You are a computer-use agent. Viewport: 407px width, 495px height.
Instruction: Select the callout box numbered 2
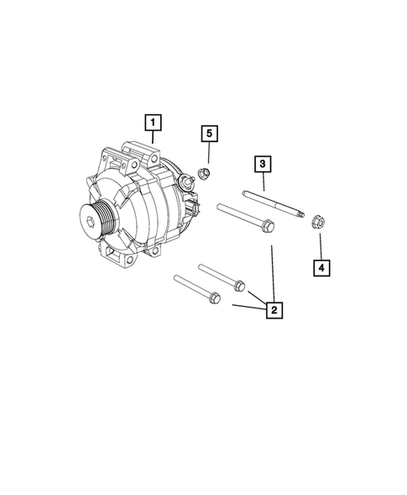pos(272,310)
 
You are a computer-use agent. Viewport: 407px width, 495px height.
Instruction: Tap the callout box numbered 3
pos(263,163)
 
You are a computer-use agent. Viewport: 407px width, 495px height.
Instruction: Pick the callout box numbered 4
pos(321,268)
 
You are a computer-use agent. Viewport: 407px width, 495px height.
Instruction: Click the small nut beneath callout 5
pos(202,174)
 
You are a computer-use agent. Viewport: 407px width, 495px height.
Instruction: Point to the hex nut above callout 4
pos(317,223)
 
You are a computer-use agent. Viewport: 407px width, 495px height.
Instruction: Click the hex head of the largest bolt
pos(266,225)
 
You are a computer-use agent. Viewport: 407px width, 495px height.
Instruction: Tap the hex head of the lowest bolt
pos(212,296)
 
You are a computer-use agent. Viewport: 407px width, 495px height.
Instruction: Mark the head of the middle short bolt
pos(239,283)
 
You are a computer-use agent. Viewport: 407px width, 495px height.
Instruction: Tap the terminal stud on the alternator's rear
pos(182,182)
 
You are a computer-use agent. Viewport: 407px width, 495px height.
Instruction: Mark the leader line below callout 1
pos(152,144)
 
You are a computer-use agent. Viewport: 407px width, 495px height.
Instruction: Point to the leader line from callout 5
pos(208,155)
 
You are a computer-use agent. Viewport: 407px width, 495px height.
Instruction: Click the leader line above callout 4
pos(320,246)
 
